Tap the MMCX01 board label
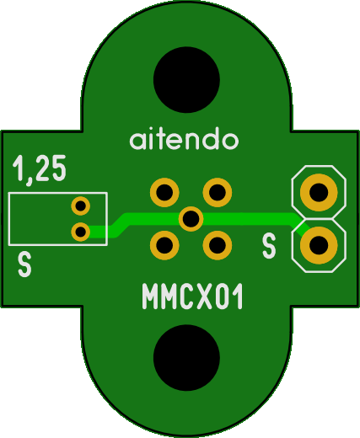pos(192,296)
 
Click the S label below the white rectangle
pos(24,264)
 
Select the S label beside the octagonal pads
pos(269,247)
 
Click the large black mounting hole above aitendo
pos(186,80)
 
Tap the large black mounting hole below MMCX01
pos(186,358)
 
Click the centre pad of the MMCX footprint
pos(191,219)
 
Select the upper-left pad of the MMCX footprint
pos(164,193)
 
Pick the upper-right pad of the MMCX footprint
pos(218,193)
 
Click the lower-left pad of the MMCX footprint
pos(164,245)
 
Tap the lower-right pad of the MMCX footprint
pos(218,245)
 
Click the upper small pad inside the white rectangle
pos(81,206)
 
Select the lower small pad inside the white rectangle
pos(81,232)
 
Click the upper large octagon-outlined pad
pos(319,192)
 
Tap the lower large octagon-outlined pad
pos(319,245)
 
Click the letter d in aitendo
pos(212,139)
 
